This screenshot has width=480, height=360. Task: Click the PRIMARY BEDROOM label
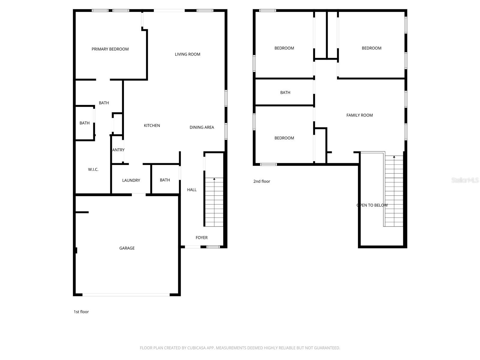[x=110, y=49]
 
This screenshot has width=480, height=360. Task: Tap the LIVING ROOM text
[x=187, y=54]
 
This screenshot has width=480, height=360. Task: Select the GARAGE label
[x=127, y=248]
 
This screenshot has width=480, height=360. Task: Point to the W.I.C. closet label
[x=93, y=169]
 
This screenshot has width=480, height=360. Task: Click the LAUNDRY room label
[x=131, y=180]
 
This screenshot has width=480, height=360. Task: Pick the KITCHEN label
[x=152, y=126]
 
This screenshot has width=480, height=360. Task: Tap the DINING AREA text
[x=202, y=127]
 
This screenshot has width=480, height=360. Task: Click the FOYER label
[x=202, y=238]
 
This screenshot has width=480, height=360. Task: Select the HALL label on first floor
[x=192, y=190]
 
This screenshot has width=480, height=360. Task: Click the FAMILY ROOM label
[x=359, y=115]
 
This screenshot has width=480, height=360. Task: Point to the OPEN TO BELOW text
[x=372, y=205]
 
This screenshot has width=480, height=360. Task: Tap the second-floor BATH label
[x=285, y=93]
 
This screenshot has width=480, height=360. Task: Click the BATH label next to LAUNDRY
[x=165, y=180]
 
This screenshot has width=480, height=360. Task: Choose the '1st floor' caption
[x=81, y=312]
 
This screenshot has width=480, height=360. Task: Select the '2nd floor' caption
[x=262, y=181]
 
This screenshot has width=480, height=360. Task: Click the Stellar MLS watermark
[x=465, y=180]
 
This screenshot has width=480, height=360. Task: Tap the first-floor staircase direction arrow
[x=214, y=179]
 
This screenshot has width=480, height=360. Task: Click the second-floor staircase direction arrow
[x=394, y=157]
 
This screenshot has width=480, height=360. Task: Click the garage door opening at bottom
[x=126, y=295]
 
